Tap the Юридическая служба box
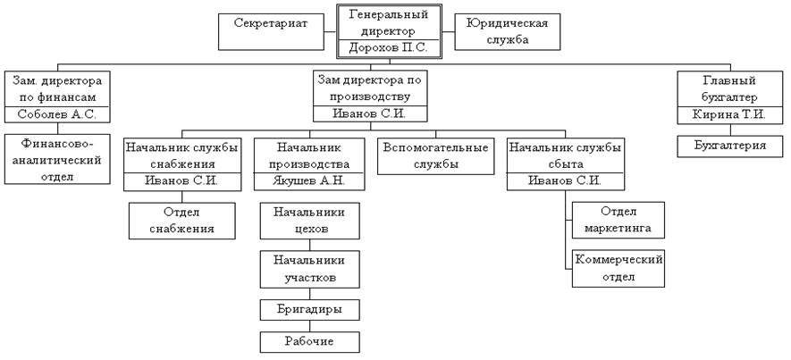508,29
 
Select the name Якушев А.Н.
310,181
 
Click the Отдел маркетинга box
618,221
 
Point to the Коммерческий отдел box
618,267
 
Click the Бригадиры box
310,309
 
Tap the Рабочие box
310,340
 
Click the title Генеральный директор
389,22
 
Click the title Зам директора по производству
370,88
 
